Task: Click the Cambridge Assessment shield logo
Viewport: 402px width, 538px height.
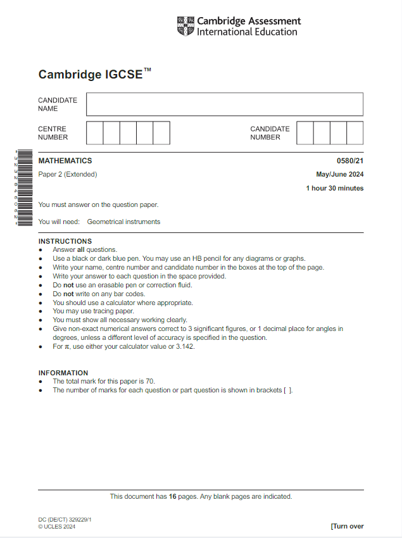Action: (185, 27)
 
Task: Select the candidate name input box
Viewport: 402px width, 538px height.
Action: (225, 104)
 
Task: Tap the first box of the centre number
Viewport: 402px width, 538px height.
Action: (94, 133)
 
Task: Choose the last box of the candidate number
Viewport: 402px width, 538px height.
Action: (355, 133)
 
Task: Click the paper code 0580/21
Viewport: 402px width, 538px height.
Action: (350, 161)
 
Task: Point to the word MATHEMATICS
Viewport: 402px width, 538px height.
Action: (65, 161)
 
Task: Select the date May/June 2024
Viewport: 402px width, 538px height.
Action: (340, 175)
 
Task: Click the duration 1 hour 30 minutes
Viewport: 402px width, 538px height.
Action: (335, 188)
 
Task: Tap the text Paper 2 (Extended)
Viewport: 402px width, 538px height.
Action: (68, 175)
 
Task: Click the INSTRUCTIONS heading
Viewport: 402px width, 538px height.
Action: (65, 241)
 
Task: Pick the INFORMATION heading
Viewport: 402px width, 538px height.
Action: (63, 373)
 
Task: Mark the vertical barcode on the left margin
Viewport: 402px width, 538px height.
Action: (24, 188)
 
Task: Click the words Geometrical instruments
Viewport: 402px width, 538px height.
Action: (123, 222)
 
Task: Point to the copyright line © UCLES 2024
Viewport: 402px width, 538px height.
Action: (57, 527)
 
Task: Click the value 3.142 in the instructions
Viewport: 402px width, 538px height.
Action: (182, 346)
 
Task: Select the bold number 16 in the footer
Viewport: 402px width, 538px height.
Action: (172, 497)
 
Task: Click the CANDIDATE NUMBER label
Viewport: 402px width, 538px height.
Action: (270, 133)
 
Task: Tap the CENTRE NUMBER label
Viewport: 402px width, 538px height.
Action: (53, 133)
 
